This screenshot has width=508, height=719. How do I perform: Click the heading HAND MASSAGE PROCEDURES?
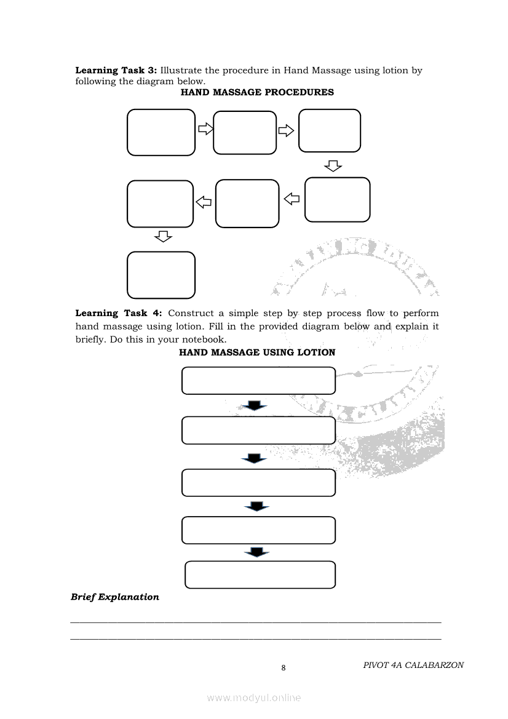[x=257, y=92]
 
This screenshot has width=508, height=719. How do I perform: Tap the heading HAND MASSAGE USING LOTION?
[x=257, y=352]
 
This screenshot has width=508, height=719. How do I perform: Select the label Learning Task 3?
[x=116, y=70]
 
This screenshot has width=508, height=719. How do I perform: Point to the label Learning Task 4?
[x=118, y=313]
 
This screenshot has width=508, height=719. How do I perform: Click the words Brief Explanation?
[x=115, y=597]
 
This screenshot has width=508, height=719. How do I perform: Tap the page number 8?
[x=283, y=668]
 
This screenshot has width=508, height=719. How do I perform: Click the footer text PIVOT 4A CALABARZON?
[x=413, y=665]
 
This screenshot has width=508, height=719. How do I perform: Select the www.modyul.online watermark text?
[x=254, y=697]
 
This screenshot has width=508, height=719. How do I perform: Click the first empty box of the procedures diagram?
[x=161, y=132]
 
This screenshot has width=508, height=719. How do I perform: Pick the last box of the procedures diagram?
[x=161, y=275]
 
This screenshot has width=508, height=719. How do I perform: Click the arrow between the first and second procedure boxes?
[x=205, y=129]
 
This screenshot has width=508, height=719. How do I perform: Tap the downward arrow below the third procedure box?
[x=332, y=165]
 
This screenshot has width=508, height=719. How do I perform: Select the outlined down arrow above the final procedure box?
[x=162, y=236]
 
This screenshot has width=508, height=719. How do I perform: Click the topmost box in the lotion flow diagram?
[x=258, y=380]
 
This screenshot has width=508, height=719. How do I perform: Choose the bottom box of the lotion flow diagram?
[x=260, y=574]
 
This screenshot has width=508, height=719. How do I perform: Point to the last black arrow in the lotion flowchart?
[x=257, y=552]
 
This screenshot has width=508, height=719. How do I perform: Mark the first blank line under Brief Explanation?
[x=256, y=622]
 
